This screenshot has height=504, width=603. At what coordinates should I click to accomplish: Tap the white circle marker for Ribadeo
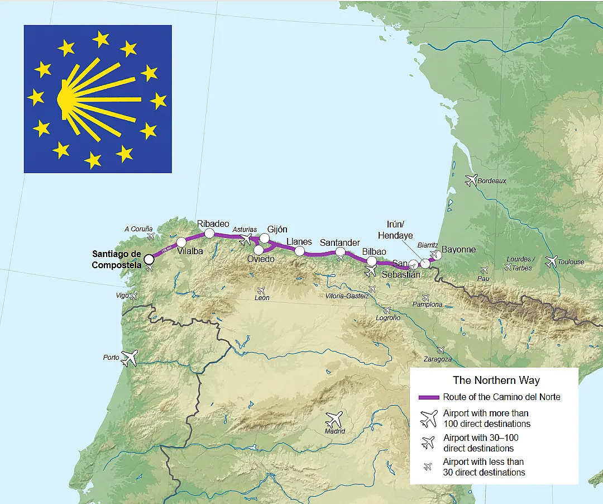point(209,233)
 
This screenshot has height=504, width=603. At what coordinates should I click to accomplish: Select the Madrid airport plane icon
point(334,419)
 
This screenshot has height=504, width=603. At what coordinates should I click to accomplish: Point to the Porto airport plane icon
point(130,357)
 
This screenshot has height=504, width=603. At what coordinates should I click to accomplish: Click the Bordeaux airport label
point(492,180)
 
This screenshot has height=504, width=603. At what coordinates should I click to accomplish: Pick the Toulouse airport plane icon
point(552,261)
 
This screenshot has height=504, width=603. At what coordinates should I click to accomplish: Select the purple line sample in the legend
point(429,397)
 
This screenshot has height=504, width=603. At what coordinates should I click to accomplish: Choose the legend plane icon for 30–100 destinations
point(428,443)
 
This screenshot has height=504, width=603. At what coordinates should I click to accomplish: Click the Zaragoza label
point(437,359)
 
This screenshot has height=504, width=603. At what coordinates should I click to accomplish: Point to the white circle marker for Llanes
point(299,251)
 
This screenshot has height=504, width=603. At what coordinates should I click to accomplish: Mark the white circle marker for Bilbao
point(371,261)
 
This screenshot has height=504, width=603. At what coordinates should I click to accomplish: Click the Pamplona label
point(427,305)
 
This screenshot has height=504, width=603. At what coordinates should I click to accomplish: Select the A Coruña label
point(138,229)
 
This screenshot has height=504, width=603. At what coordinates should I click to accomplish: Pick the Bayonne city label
point(458,249)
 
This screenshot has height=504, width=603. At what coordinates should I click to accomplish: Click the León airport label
point(261,298)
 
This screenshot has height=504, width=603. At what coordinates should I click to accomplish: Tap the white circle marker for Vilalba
point(181,242)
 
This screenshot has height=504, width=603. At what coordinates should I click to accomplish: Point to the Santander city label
point(339,243)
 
